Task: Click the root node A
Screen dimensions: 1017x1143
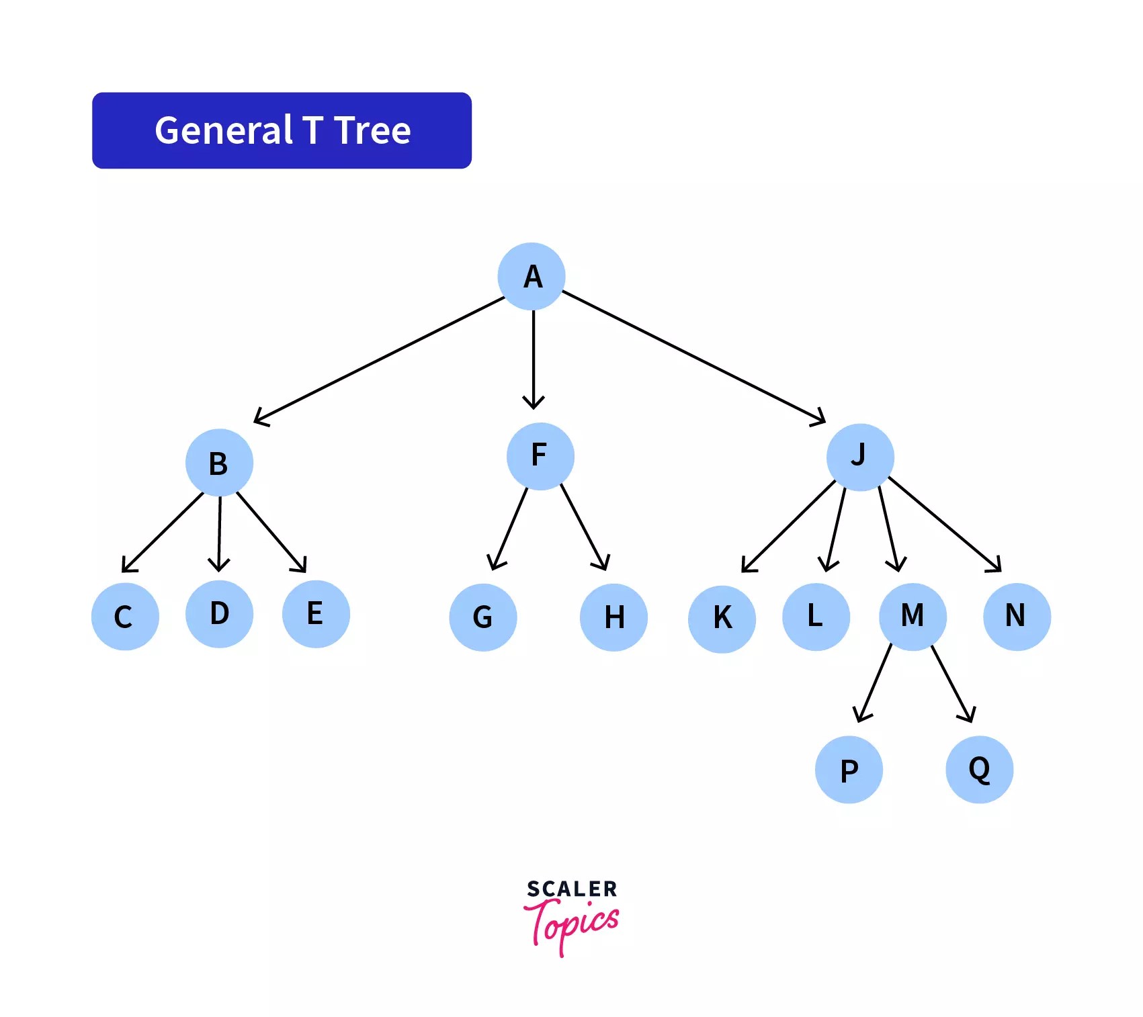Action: (532, 276)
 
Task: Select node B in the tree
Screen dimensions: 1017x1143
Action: (219, 463)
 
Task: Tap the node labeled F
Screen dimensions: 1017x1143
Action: (540, 456)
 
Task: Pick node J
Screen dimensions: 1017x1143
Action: (860, 457)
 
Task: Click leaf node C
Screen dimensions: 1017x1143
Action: (125, 616)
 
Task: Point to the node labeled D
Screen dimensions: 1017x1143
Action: (219, 614)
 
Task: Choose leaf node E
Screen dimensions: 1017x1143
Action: (316, 614)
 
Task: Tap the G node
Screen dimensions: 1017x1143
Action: (483, 617)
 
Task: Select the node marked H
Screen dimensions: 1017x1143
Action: (613, 617)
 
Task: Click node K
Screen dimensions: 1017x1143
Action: (722, 619)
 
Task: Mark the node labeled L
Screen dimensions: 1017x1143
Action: (816, 617)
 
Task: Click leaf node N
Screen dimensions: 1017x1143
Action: (1017, 617)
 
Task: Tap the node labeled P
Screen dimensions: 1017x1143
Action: (849, 770)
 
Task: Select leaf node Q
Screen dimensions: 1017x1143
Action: (979, 770)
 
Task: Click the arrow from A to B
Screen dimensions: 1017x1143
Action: (380, 360)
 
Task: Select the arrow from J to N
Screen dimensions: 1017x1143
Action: (944, 524)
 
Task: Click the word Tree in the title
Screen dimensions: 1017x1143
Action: (372, 130)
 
